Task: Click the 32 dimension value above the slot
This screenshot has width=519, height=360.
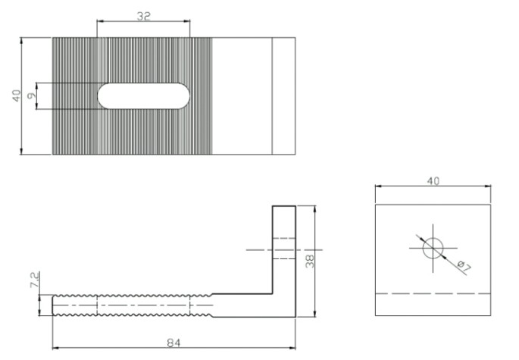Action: [x=144, y=16]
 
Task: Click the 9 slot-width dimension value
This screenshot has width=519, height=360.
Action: [x=32, y=95]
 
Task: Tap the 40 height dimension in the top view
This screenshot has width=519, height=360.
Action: [x=16, y=95]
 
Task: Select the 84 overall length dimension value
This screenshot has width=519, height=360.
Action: [x=174, y=343]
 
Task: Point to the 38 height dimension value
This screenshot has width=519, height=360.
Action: [x=310, y=261]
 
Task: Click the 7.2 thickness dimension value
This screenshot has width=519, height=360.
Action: [x=35, y=280]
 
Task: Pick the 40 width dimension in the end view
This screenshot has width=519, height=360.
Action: [x=433, y=181]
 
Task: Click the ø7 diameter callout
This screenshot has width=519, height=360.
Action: [x=464, y=267]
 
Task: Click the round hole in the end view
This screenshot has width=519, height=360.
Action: [x=433, y=248]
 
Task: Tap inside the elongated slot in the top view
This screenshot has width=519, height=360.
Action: [x=143, y=95]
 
